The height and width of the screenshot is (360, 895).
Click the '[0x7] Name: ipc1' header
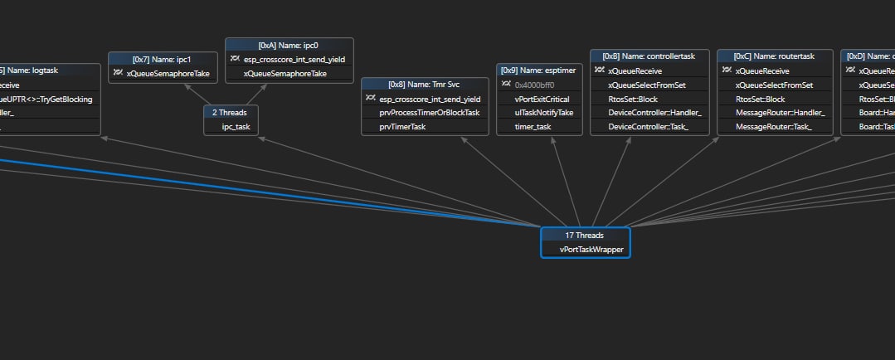click(162, 59)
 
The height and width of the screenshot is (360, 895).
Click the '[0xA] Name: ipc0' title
click(289, 45)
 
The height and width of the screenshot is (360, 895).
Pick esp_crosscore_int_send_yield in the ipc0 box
click(294, 60)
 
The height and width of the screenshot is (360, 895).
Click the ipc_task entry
click(236, 127)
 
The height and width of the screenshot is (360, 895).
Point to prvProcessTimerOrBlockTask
click(429, 113)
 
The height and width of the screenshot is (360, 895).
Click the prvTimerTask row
click(402, 127)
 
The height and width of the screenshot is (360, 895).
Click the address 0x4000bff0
click(534, 85)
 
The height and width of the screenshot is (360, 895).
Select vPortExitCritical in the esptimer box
click(542, 99)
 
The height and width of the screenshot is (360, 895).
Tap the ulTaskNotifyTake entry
click(543, 113)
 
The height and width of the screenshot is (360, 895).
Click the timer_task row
click(533, 127)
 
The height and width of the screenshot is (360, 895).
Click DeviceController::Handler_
click(654, 113)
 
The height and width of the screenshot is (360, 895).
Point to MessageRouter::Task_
click(773, 127)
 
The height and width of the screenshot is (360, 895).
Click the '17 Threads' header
click(585, 236)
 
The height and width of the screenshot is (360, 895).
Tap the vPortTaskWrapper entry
click(591, 249)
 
